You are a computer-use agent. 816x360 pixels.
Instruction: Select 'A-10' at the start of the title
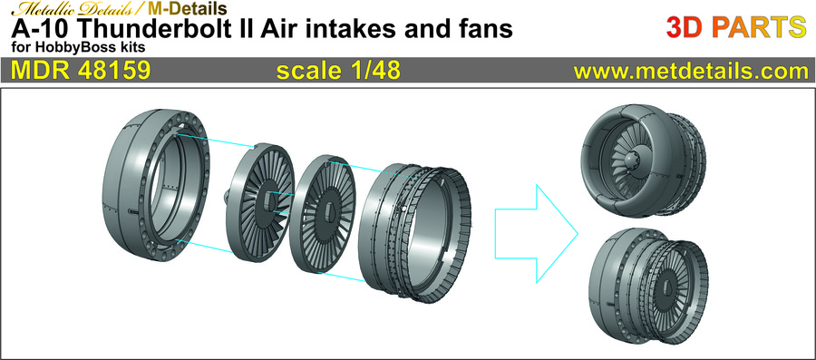(x=35, y=29)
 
